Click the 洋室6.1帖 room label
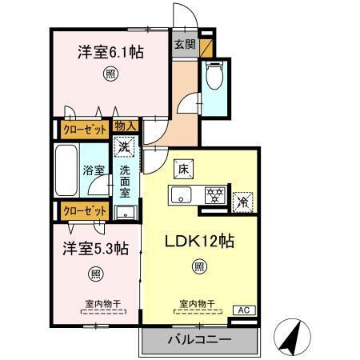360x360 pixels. tap(110, 52)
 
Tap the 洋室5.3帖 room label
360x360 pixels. tap(94, 249)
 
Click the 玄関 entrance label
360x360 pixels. tap(185, 45)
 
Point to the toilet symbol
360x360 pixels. tap(213, 78)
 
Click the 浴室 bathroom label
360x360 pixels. tap(94, 170)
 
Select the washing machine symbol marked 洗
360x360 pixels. tap(124, 146)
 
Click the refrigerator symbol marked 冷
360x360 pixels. tap(241, 201)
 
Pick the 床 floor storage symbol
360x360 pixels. tap(182, 170)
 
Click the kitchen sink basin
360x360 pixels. tap(180, 194)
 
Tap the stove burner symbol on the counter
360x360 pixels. tap(213, 194)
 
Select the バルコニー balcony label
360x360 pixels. tap(198, 340)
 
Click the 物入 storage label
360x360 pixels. tap(125, 126)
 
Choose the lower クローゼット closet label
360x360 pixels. tap(84, 211)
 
